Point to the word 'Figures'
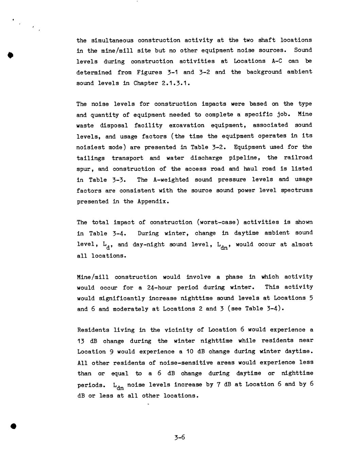(149, 72)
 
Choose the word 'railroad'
(298, 158)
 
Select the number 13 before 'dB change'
(81, 341)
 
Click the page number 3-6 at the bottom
(179, 437)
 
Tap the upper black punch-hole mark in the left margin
(10, 55)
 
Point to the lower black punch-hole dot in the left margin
(14, 426)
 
